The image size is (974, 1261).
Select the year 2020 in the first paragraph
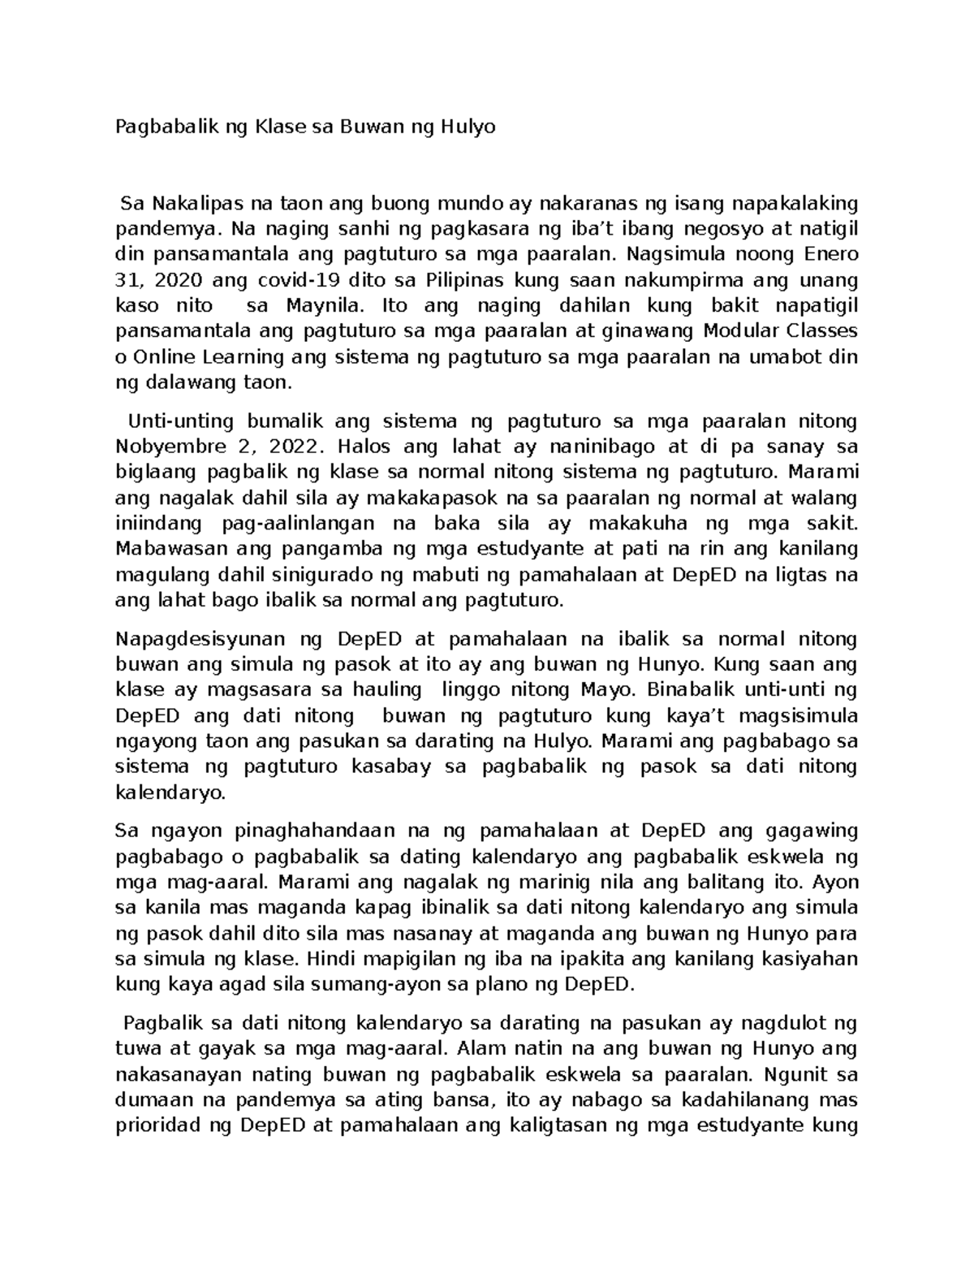[x=178, y=280]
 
